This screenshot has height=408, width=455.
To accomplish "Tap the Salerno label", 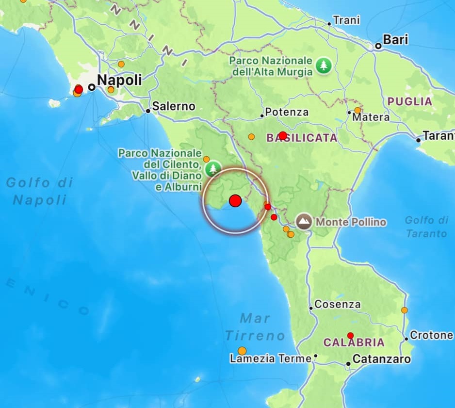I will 173,106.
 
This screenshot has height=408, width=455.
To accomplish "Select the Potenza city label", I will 286,112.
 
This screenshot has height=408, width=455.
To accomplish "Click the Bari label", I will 395,40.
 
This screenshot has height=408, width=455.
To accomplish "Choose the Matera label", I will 371,117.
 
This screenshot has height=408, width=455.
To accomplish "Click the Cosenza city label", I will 337,305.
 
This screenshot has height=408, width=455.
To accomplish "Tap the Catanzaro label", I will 381,359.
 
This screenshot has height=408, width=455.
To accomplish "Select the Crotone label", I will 431,335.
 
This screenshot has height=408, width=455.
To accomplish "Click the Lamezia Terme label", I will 270,359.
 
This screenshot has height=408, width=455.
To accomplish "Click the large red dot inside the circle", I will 235,201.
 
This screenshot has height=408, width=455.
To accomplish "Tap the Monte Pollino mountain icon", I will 305,222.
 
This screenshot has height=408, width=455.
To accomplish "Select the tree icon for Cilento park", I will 212,169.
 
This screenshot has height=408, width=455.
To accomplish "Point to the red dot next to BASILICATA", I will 283,136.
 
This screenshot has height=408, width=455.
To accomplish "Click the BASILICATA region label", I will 302,138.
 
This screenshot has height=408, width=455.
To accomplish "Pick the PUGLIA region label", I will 409,101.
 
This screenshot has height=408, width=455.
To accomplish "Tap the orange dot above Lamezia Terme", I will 242,351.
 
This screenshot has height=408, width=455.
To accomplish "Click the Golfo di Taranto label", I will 426,227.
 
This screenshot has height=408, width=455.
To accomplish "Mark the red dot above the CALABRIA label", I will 350,335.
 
